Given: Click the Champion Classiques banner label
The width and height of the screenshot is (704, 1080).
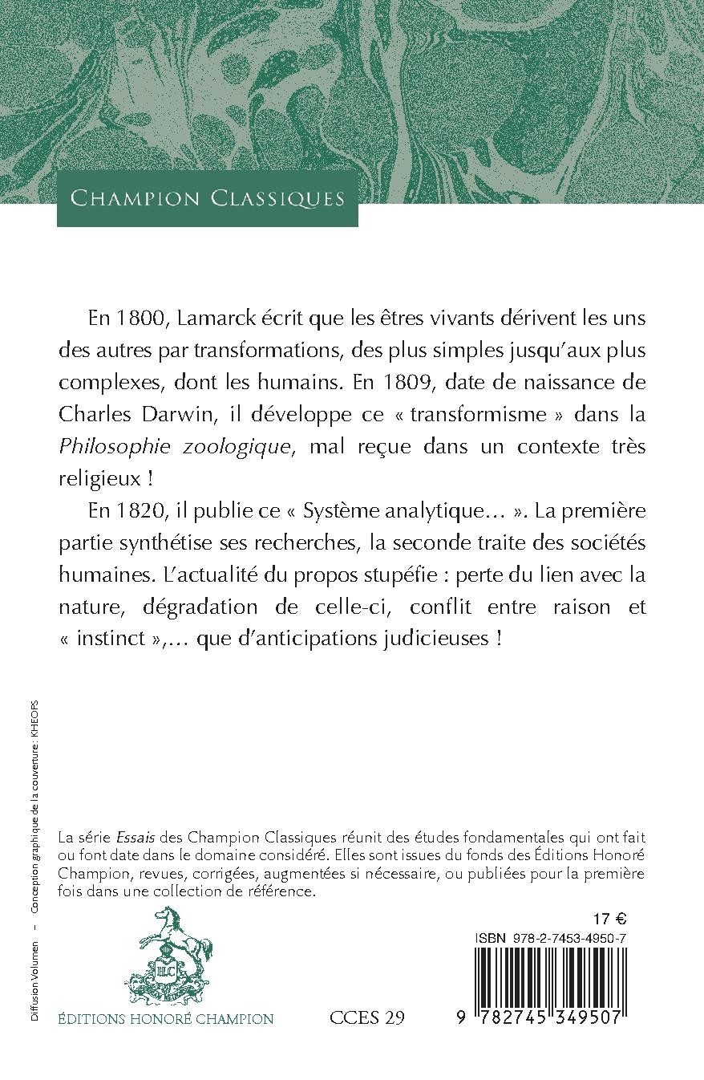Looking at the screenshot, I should pos(208,198).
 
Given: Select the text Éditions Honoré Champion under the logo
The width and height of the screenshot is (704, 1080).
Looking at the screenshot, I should pos(166,1019).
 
